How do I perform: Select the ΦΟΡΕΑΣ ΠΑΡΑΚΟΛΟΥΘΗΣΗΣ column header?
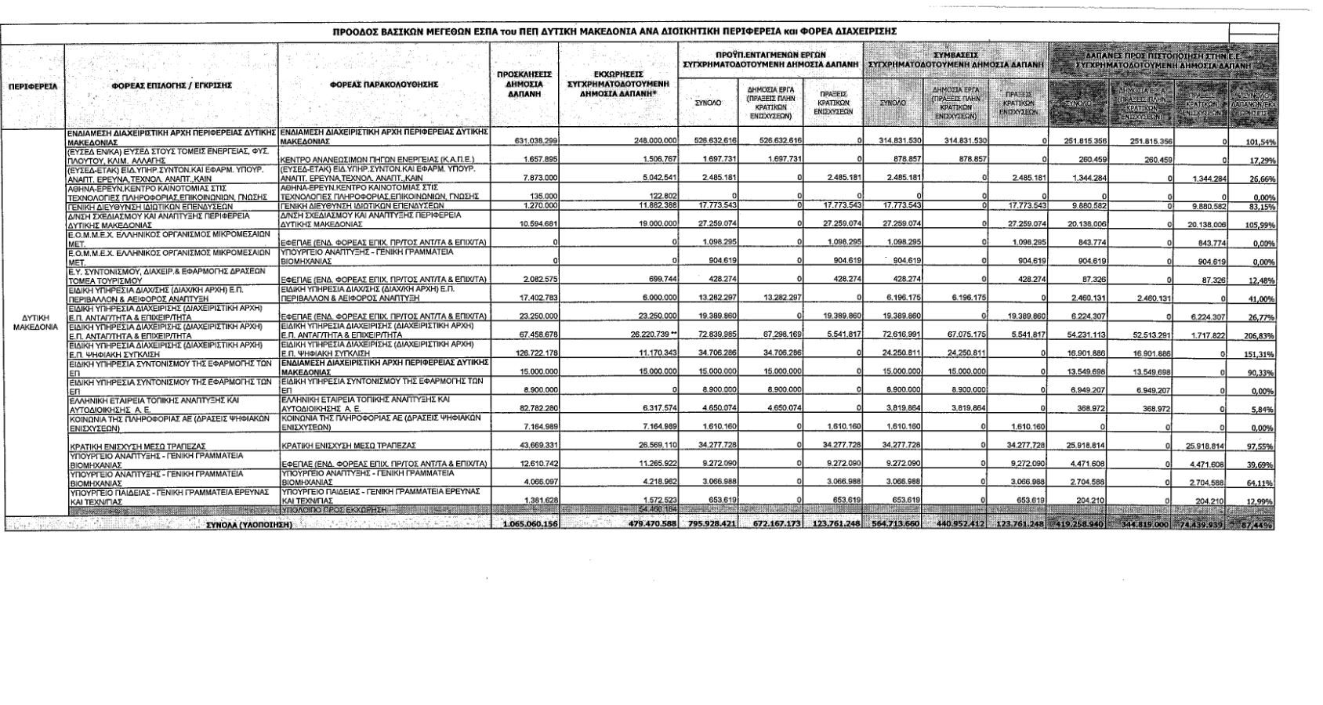coord(383,85)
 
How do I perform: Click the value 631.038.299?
coord(534,141)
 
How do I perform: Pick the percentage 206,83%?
coord(1257,335)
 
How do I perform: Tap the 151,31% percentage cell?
coord(1257,354)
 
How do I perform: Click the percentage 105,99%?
coord(1257,226)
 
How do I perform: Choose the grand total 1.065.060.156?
coord(531,524)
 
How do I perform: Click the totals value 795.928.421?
coord(708,524)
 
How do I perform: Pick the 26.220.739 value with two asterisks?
coord(649,334)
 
